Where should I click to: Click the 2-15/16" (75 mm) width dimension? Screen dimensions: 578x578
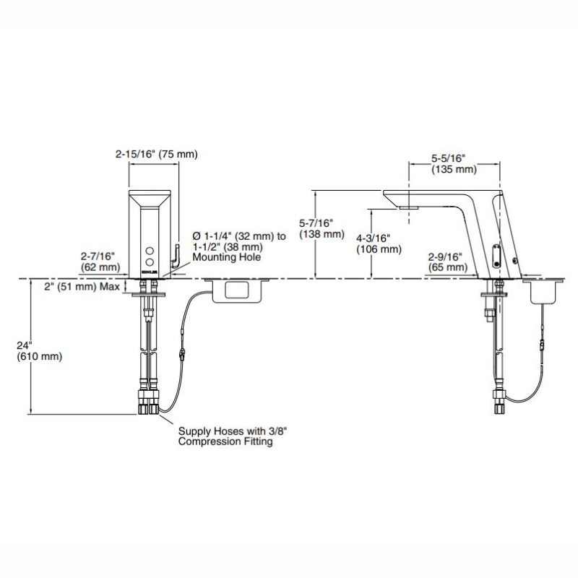[156, 154]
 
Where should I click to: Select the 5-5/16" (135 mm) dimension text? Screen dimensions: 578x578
[454, 164]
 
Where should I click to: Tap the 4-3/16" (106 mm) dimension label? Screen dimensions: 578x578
[378, 244]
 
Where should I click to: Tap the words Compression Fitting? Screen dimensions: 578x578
[225, 441]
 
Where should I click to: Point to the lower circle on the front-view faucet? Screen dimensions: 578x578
[150, 259]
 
